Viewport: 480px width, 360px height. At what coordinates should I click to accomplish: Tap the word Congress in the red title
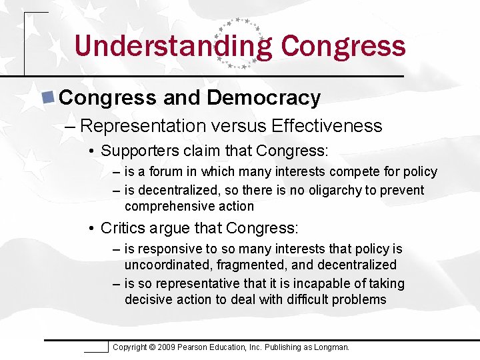tap(343, 47)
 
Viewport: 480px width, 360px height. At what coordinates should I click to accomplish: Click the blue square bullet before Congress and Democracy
tap(48, 97)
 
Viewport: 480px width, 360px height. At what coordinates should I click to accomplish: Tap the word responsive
tap(167, 249)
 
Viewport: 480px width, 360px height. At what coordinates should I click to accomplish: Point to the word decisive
tap(147, 299)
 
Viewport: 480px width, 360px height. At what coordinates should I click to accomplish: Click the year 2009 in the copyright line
tap(167, 347)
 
